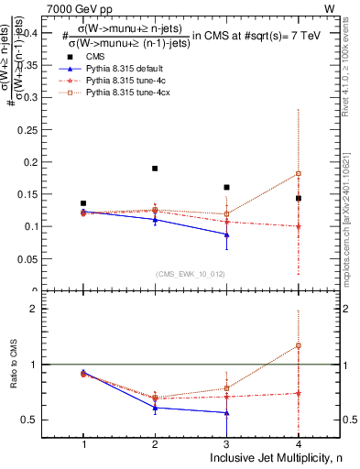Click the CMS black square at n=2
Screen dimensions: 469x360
[x=155, y=169]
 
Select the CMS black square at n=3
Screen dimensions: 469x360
[x=226, y=187]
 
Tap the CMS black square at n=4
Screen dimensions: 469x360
[x=299, y=198]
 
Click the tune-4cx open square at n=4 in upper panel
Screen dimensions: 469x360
[x=299, y=173]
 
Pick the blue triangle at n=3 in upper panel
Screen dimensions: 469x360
[x=226, y=234]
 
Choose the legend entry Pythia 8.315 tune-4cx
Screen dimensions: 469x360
[x=125, y=93]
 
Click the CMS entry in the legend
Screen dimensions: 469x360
[x=96, y=56]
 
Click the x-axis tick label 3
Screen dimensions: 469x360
[x=226, y=444]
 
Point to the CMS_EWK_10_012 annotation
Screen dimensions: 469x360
[x=190, y=273]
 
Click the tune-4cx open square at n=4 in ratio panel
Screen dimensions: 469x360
[x=299, y=345]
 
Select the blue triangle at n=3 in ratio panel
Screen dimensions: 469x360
[x=226, y=413]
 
